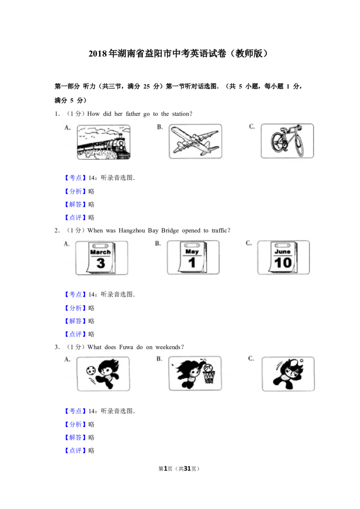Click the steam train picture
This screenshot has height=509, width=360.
click(103, 142)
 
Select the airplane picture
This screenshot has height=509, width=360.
click(195, 141)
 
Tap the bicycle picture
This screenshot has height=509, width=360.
click(287, 141)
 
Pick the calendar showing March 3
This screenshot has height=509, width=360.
click(102, 258)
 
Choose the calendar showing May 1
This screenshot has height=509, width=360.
click(193, 258)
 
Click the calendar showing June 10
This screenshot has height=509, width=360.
click(283, 258)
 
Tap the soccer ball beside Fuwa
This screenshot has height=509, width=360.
click(91, 371)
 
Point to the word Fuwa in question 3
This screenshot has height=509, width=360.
click(126, 347)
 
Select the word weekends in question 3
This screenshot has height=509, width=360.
click(168, 347)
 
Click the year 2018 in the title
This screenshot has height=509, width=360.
click(98, 54)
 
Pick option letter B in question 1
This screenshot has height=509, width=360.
click(160, 127)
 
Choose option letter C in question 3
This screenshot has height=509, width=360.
click(251, 358)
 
